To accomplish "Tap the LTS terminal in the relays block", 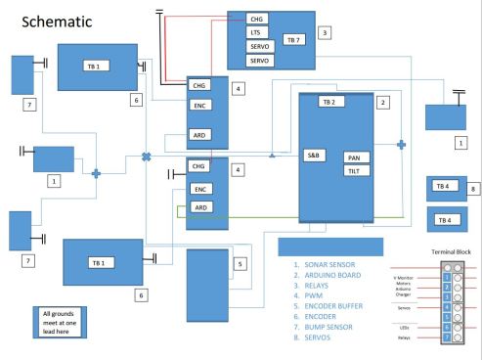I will tap(258, 32).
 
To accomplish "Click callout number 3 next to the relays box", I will tap(337, 32).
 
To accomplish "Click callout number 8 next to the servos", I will tap(472, 191).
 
